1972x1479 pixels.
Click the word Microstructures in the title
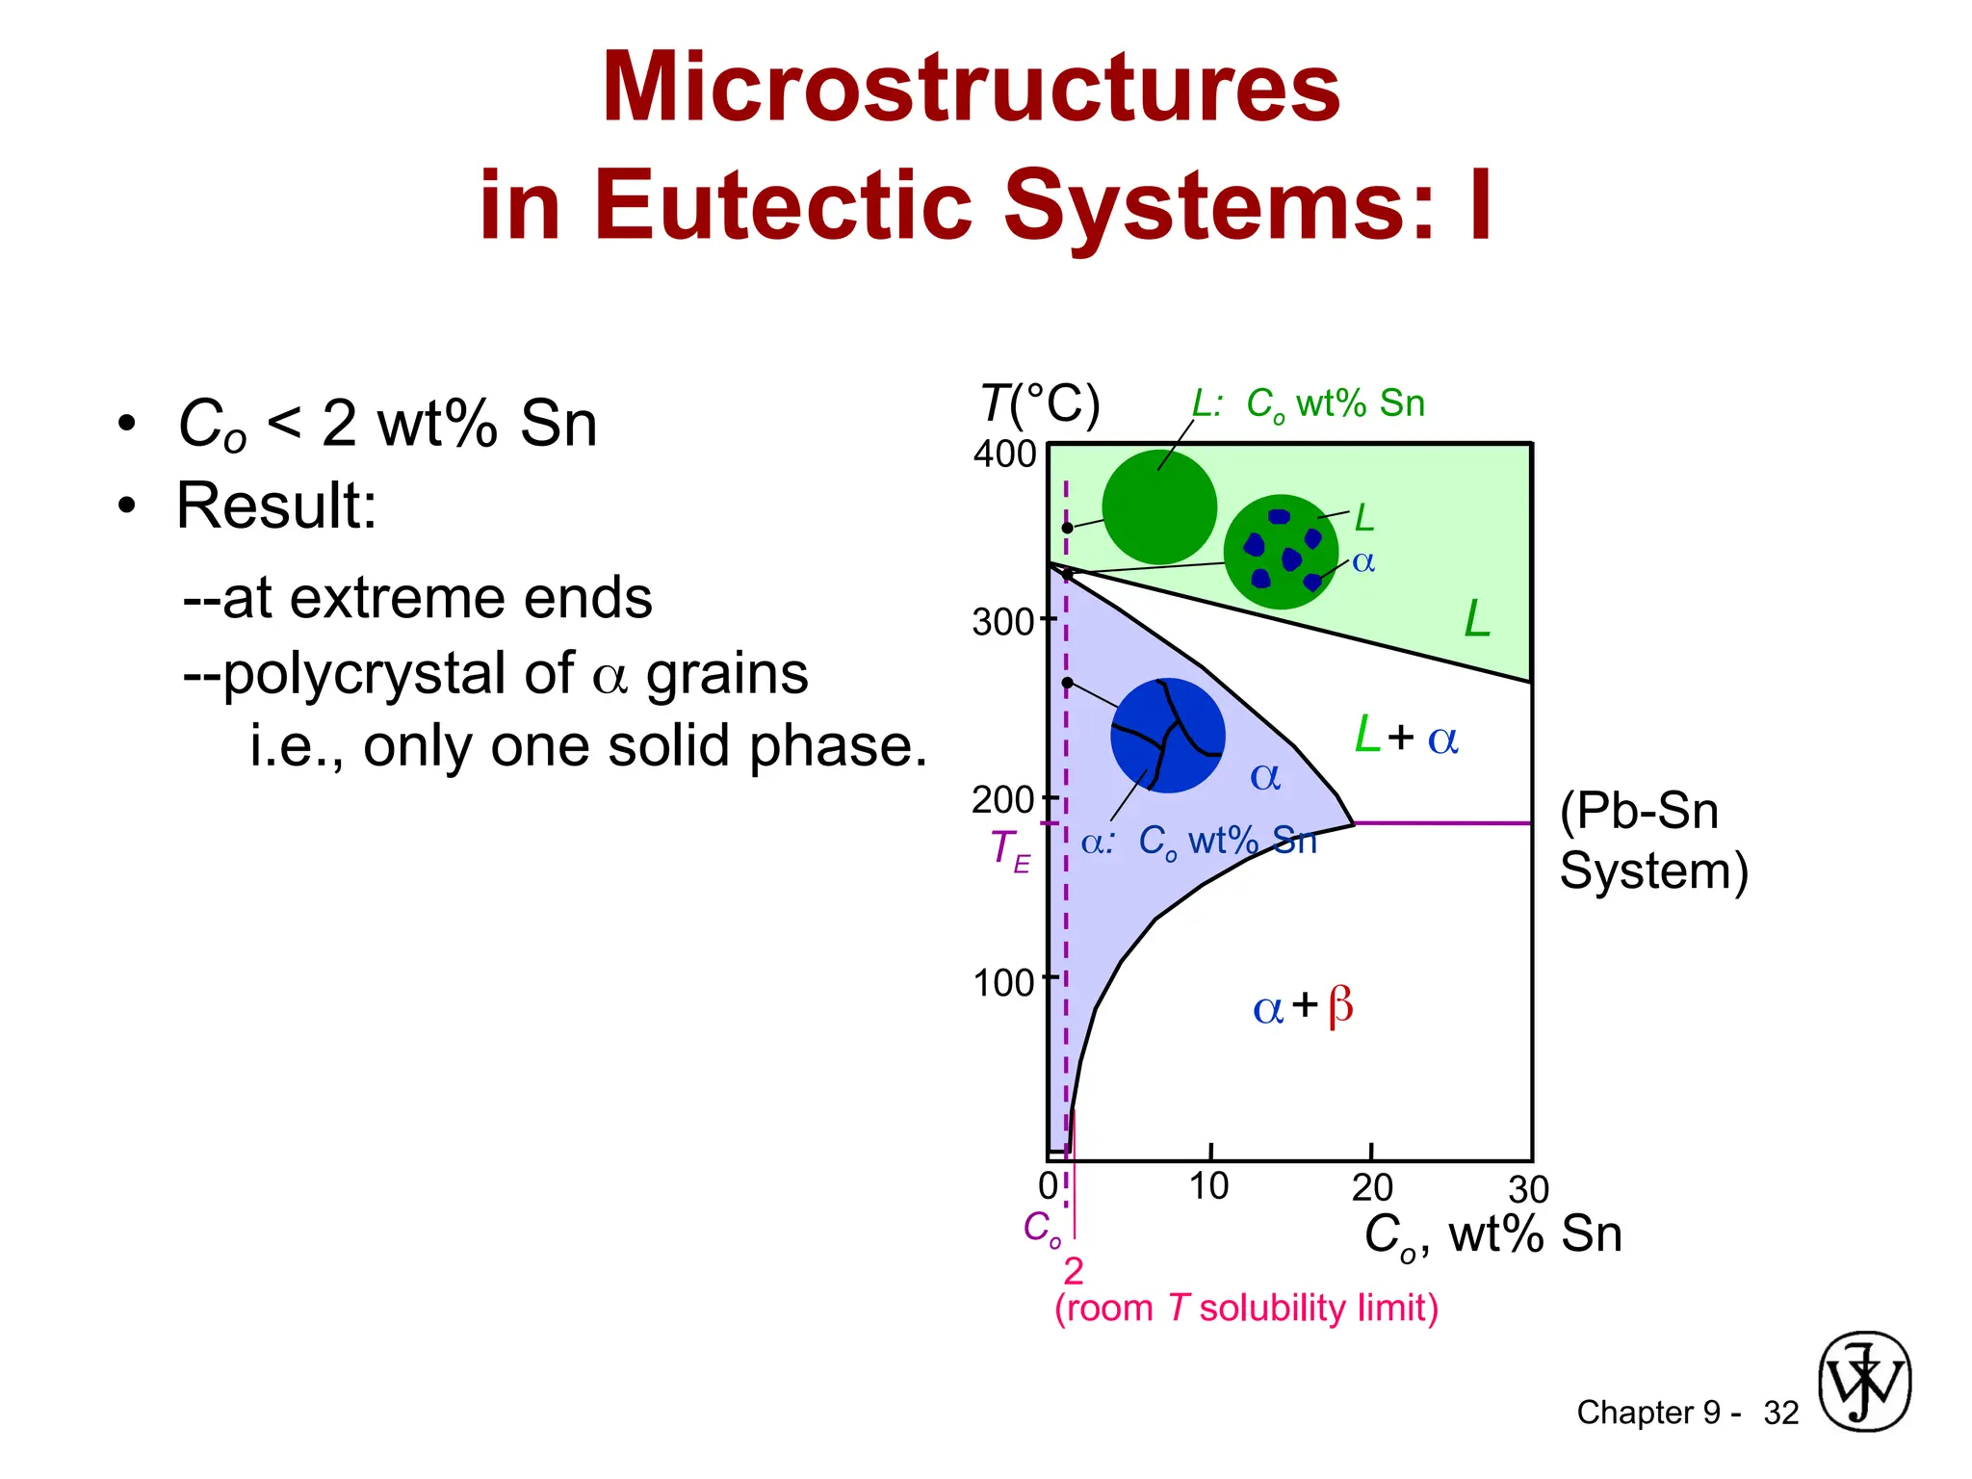(x=971, y=89)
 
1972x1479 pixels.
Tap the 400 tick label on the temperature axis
(x=1004, y=454)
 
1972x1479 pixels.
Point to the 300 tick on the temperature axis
(x=1004, y=622)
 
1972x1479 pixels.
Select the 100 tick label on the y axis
(x=1004, y=983)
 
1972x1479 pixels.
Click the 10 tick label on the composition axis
(x=1208, y=1186)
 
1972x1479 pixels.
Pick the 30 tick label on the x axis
(x=1528, y=1190)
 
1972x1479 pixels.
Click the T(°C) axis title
(x=1040, y=404)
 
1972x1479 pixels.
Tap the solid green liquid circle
(x=1159, y=507)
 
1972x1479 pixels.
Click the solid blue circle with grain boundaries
(x=1168, y=736)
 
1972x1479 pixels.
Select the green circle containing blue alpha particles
(x=1281, y=552)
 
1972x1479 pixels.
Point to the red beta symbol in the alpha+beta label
(x=1340, y=1007)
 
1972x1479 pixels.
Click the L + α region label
(x=1406, y=737)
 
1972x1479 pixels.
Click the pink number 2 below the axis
(x=1074, y=1272)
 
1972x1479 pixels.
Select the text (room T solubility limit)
(x=1246, y=1309)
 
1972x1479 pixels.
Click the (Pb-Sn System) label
(x=1652, y=841)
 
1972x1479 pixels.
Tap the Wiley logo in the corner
(x=1864, y=1382)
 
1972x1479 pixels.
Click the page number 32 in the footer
(x=1781, y=1413)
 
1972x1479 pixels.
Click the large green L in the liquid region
(x=1477, y=619)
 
